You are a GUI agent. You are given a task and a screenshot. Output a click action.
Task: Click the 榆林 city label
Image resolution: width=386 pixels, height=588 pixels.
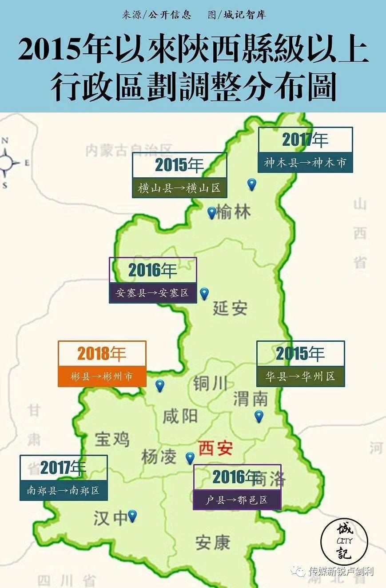[x=233, y=212]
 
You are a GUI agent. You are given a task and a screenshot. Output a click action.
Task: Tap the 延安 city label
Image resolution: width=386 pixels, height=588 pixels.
[x=230, y=308]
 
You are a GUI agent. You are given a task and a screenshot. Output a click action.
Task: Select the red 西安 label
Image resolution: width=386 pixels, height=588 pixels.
[x=215, y=448]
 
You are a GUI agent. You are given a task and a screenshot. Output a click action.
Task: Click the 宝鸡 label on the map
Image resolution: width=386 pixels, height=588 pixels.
[x=112, y=439]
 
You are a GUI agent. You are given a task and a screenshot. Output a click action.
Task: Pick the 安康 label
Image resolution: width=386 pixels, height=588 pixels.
[x=213, y=542]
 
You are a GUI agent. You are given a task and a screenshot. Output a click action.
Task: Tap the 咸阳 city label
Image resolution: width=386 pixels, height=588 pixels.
[x=180, y=416]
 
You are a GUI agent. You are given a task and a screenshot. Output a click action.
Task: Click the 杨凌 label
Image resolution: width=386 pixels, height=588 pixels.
[x=159, y=456]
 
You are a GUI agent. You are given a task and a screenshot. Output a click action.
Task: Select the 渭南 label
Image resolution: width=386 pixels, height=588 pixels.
[x=251, y=399]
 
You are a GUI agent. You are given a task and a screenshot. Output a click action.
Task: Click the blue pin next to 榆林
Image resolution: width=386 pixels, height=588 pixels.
[x=212, y=212]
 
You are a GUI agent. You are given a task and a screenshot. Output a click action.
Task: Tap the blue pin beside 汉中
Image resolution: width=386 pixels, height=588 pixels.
[x=132, y=515]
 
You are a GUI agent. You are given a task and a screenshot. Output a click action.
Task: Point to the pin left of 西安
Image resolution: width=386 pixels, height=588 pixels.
[x=190, y=457]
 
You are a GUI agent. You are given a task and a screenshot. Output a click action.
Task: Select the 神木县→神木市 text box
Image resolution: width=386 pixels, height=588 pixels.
[x=305, y=163]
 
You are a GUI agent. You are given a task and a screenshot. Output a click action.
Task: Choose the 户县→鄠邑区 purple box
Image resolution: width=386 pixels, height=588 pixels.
[x=237, y=500]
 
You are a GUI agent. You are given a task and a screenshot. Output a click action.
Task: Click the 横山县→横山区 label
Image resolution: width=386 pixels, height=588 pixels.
[x=179, y=188]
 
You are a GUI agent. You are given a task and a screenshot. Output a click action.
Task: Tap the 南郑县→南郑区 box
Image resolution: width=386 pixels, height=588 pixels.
[x=63, y=491]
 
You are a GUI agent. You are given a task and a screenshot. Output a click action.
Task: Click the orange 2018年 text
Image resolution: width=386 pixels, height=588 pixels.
[x=102, y=354]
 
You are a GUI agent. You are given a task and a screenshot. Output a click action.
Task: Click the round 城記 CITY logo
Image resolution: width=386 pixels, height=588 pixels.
[x=344, y=541]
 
